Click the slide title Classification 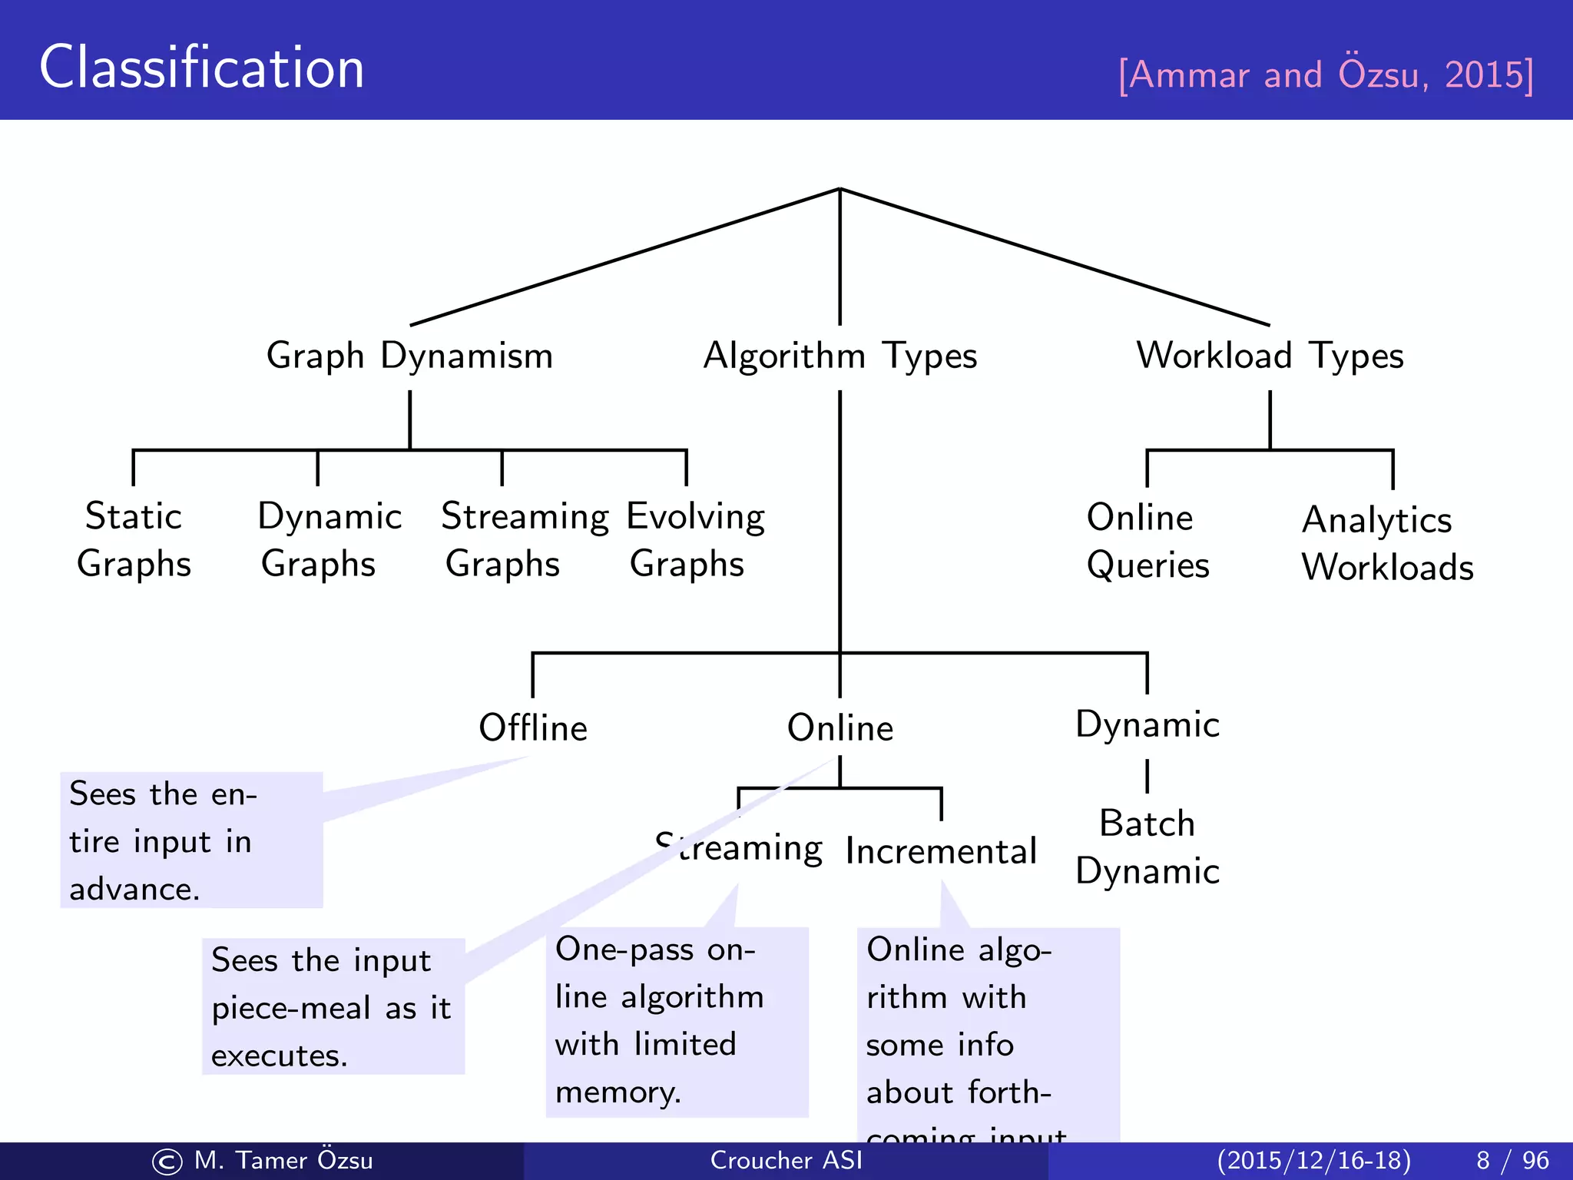click(201, 68)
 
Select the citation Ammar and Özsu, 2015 click(1326, 75)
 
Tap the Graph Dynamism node click(409, 356)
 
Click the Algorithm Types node click(840, 356)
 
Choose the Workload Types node click(1270, 356)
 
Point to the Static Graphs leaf click(134, 540)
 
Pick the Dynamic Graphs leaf click(329, 540)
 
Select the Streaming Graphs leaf click(525, 540)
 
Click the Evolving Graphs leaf click(695, 540)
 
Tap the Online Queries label click(1147, 542)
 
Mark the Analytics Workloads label click(1387, 544)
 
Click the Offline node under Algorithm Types click(533, 728)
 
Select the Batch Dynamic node click(1147, 847)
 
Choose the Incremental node click(941, 851)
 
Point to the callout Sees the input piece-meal click(333, 1006)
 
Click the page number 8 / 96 click(1512, 1160)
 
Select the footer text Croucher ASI click(786, 1160)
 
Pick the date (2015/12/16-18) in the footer click(1313, 1160)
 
